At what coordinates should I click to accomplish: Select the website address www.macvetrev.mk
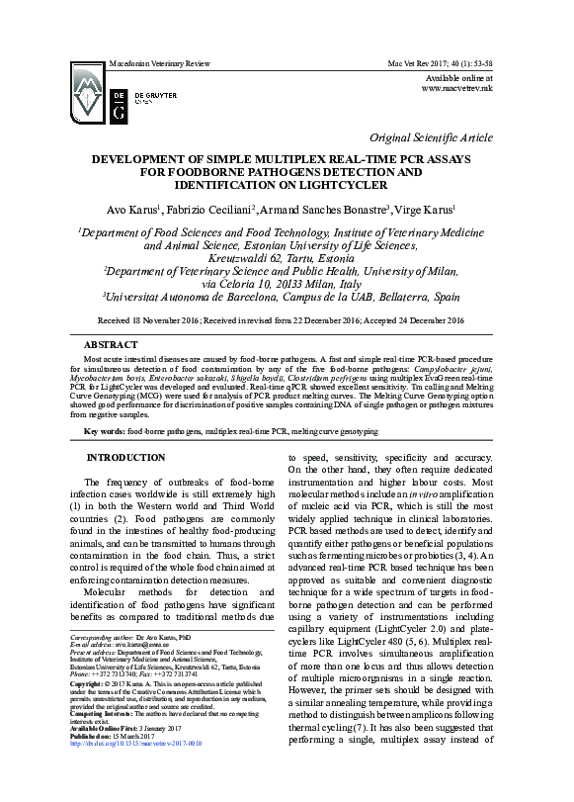click(x=456, y=88)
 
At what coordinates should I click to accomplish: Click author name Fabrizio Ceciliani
click(x=208, y=210)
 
